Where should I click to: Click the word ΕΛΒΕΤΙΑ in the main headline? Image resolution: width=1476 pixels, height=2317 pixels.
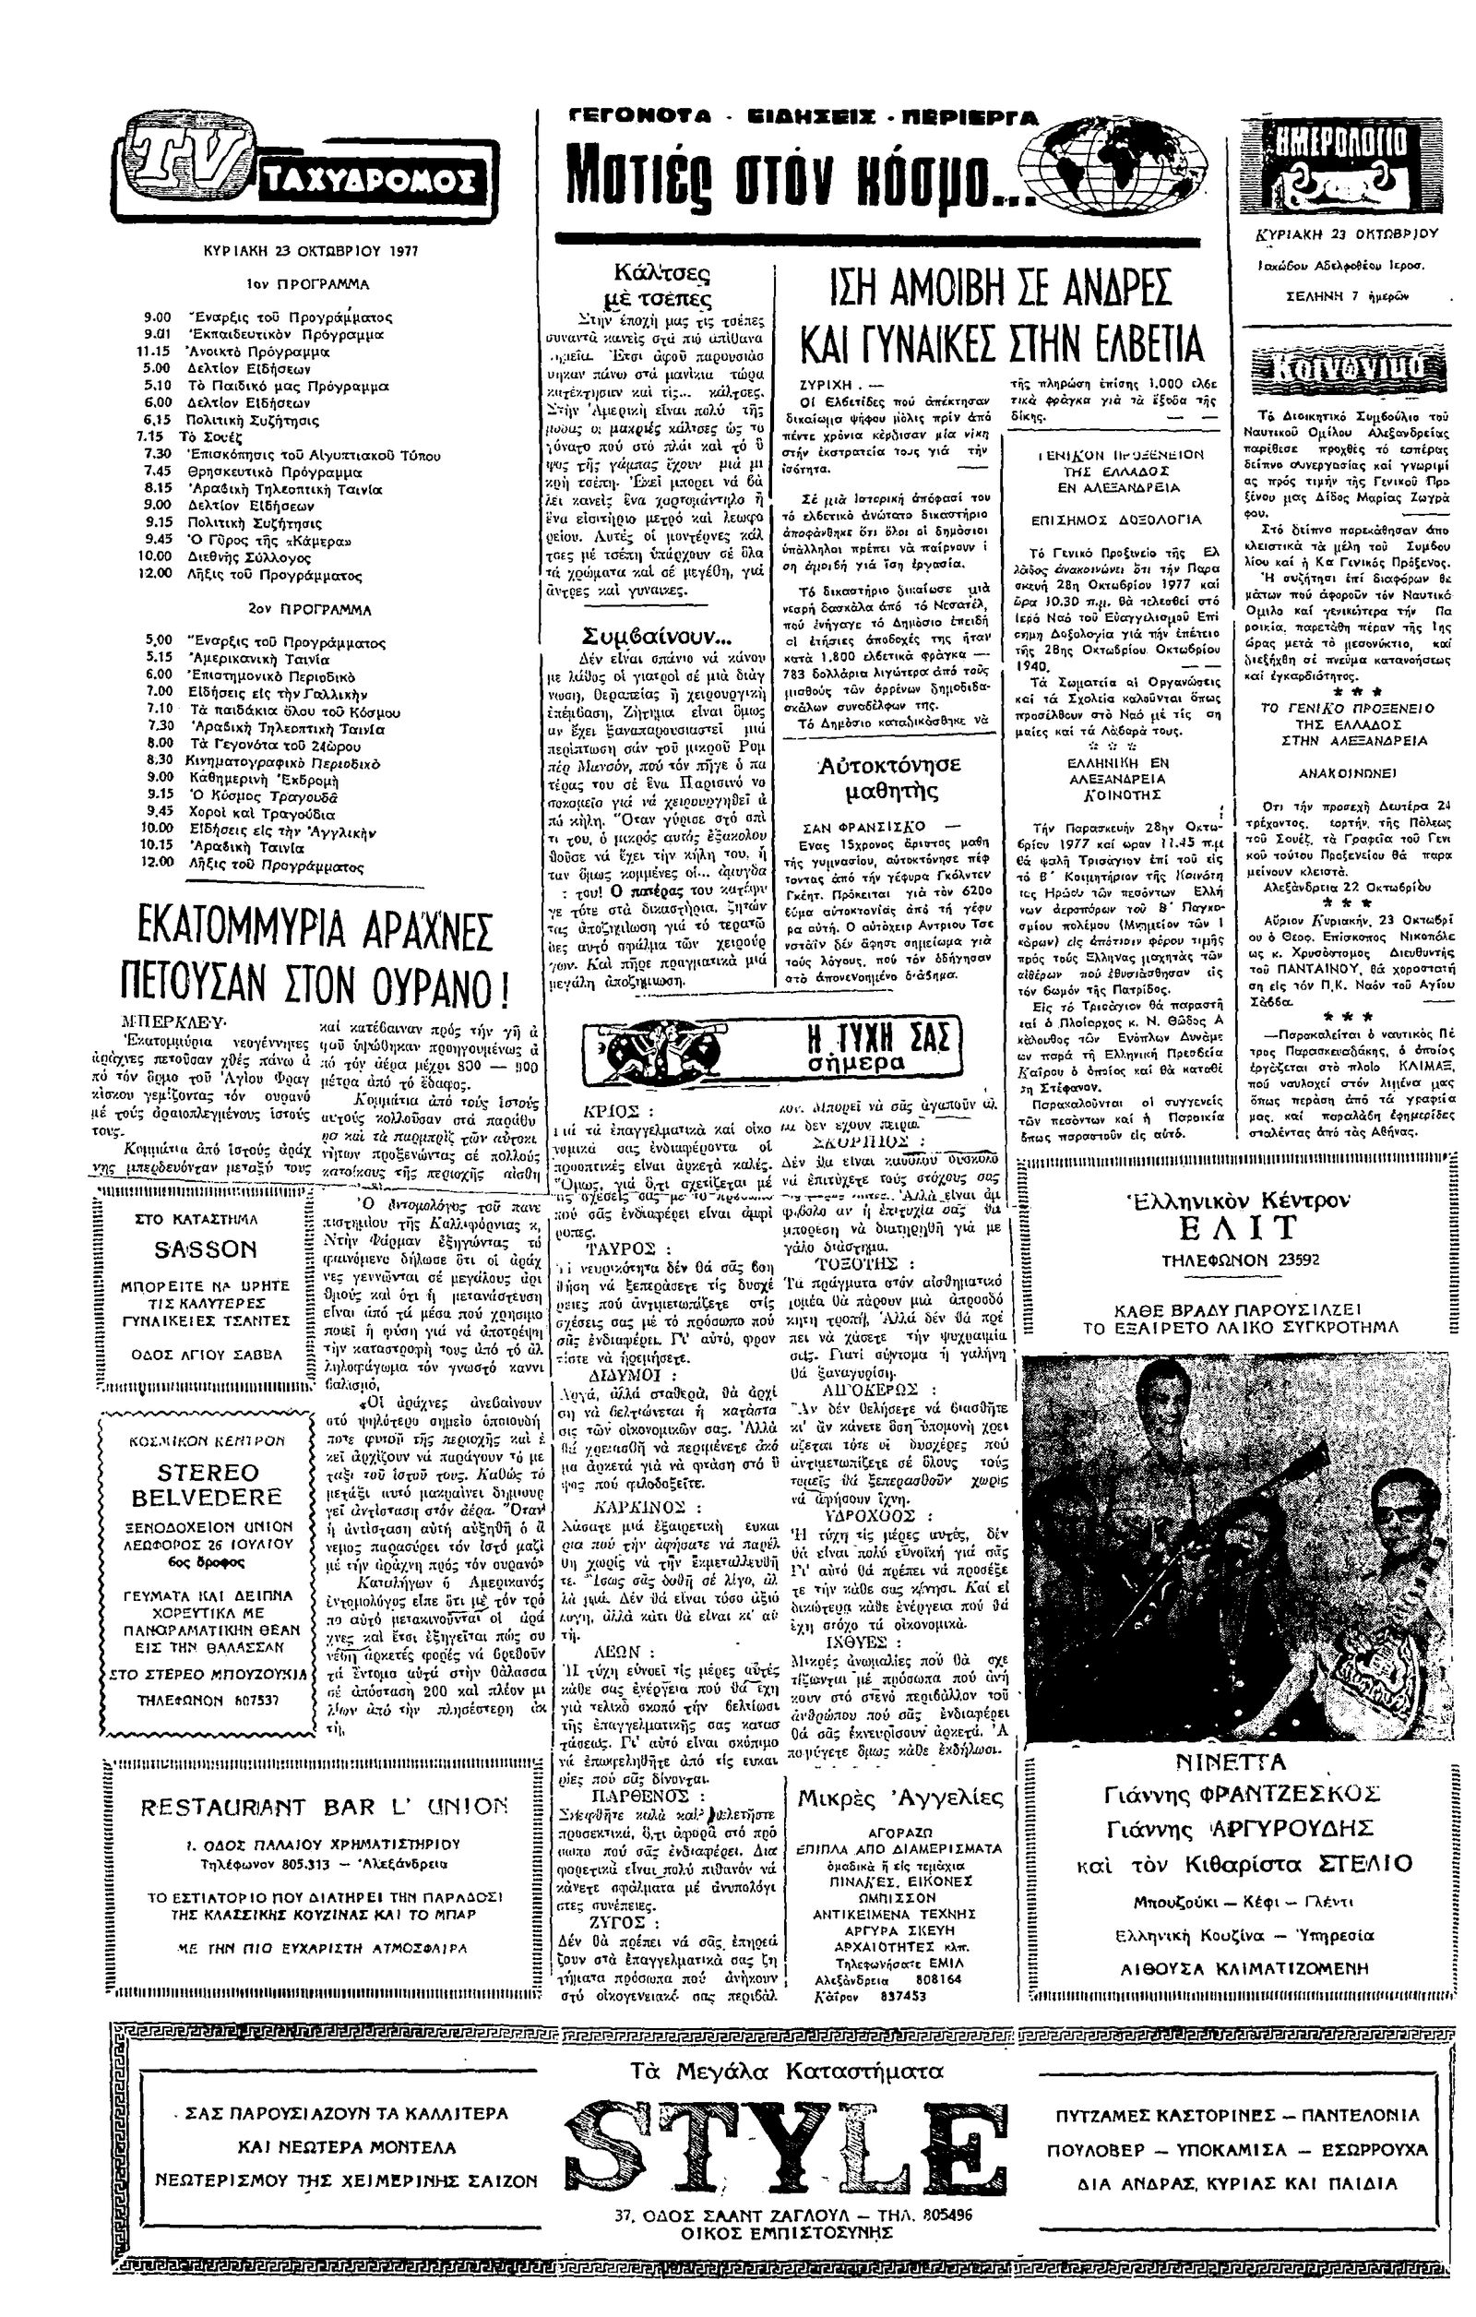tap(1105, 343)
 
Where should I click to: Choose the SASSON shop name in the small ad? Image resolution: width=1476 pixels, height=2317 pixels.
tap(206, 1250)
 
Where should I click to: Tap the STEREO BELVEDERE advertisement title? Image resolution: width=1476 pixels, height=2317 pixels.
tap(207, 1486)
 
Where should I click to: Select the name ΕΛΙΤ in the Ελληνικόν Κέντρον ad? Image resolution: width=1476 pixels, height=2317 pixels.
tap(1236, 1229)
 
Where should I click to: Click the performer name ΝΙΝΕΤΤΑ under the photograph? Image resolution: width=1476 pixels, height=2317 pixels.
tap(1231, 1762)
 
